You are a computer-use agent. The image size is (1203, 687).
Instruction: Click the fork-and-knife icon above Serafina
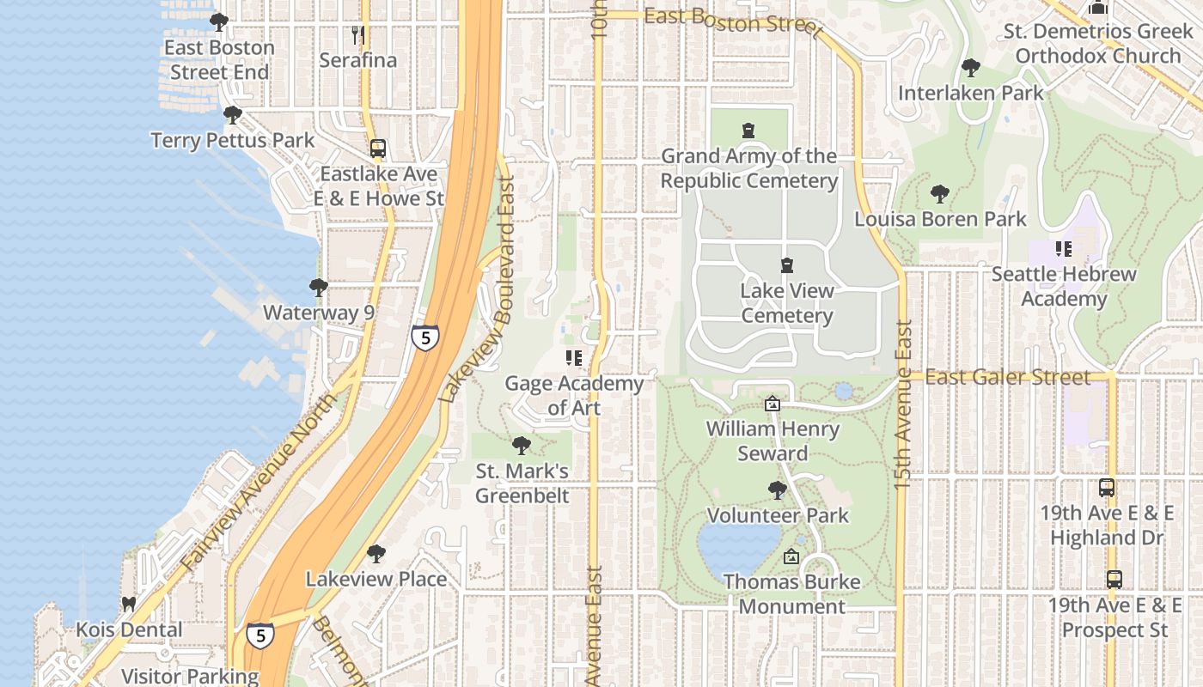(x=358, y=35)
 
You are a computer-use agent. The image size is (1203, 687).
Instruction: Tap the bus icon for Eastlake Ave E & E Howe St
(x=377, y=149)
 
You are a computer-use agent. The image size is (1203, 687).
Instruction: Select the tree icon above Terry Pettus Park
(x=232, y=114)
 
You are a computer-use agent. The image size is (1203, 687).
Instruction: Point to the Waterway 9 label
(x=318, y=312)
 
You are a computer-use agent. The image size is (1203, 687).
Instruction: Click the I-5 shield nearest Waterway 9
(x=425, y=336)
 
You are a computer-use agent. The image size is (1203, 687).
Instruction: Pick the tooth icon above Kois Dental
(x=129, y=604)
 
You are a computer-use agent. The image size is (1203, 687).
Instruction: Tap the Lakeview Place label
(x=376, y=579)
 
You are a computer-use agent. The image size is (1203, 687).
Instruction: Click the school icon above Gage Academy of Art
(x=573, y=358)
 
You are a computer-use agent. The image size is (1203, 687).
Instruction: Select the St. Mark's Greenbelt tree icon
(x=521, y=446)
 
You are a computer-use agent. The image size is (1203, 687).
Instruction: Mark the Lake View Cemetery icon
(x=786, y=265)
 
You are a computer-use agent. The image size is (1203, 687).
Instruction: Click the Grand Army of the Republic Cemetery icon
(x=748, y=131)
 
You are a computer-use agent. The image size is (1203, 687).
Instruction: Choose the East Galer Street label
(x=1008, y=377)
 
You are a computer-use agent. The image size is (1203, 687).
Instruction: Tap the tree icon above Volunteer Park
(x=777, y=490)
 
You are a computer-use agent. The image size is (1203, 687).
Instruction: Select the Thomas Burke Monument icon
(x=791, y=556)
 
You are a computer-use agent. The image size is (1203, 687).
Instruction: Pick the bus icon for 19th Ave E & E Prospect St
(x=1114, y=579)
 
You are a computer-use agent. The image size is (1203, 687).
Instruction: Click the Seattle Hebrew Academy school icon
(x=1064, y=249)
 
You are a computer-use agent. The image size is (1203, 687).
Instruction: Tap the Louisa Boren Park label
(x=940, y=219)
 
